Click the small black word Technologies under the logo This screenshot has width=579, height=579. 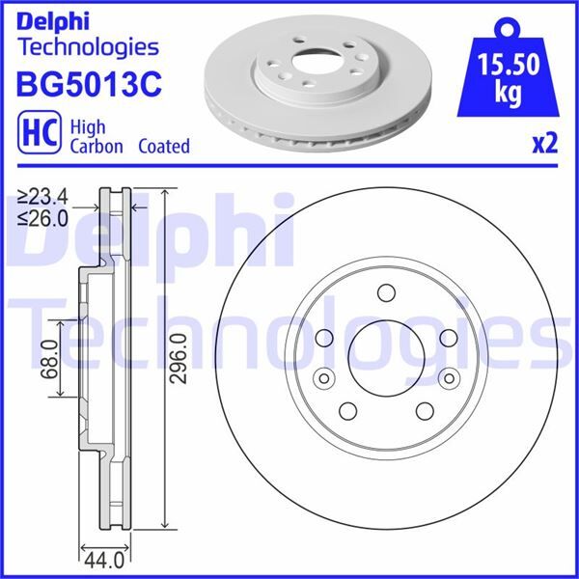88,46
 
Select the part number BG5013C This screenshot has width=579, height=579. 88,84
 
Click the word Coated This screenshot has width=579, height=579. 163,147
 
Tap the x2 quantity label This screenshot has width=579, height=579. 545,144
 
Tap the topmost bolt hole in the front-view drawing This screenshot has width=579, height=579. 385,292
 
